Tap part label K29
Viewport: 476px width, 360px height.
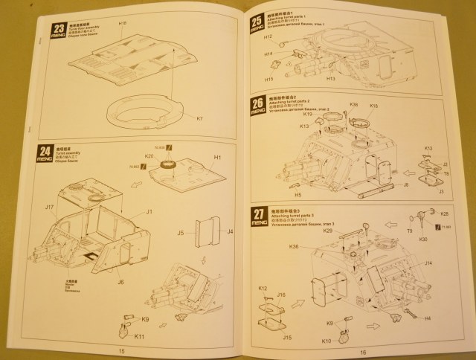tap(327, 231)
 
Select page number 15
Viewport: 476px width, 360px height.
tap(122, 352)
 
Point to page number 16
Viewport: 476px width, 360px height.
tap(364, 353)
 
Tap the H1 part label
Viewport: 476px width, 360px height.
tap(218, 158)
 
